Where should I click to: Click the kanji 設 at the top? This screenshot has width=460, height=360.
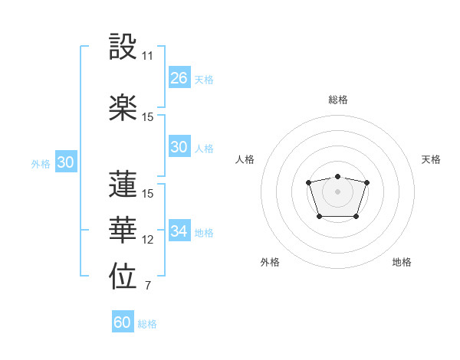click(x=123, y=47)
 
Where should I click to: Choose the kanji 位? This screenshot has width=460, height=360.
click(x=123, y=278)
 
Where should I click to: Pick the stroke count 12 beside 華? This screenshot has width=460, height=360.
click(x=148, y=240)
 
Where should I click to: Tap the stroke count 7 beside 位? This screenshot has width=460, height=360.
click(x=148, y=286)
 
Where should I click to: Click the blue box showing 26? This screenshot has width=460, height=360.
click(x=179, y=78)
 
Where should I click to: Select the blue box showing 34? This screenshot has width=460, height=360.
click(x=179, y=231)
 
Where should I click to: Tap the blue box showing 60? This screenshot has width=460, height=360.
click(x=123, y=322)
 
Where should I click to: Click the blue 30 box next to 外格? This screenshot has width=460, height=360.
click(x=65, y=162)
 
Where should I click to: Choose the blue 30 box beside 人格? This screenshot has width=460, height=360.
click(x=179, y=147)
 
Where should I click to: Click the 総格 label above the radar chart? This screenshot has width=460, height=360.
click(x=337, y=100)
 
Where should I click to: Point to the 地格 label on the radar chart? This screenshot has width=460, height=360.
click(x=402, y=262)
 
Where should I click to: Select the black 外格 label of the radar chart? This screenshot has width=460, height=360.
click(x=270, y=262)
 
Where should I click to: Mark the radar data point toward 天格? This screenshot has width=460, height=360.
click(x=366, y=182)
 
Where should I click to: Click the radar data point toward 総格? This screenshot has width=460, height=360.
click(x=337, y=176)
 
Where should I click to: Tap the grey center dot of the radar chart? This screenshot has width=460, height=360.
click(x=337, y=191)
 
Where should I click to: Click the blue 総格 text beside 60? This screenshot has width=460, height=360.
click(x=147, y=324)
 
